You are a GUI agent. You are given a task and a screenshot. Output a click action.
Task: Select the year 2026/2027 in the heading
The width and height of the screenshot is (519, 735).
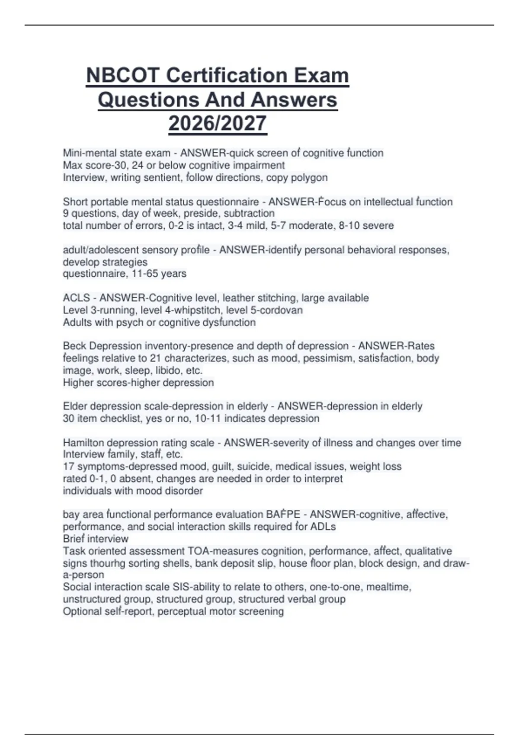[x=218, y=123]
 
